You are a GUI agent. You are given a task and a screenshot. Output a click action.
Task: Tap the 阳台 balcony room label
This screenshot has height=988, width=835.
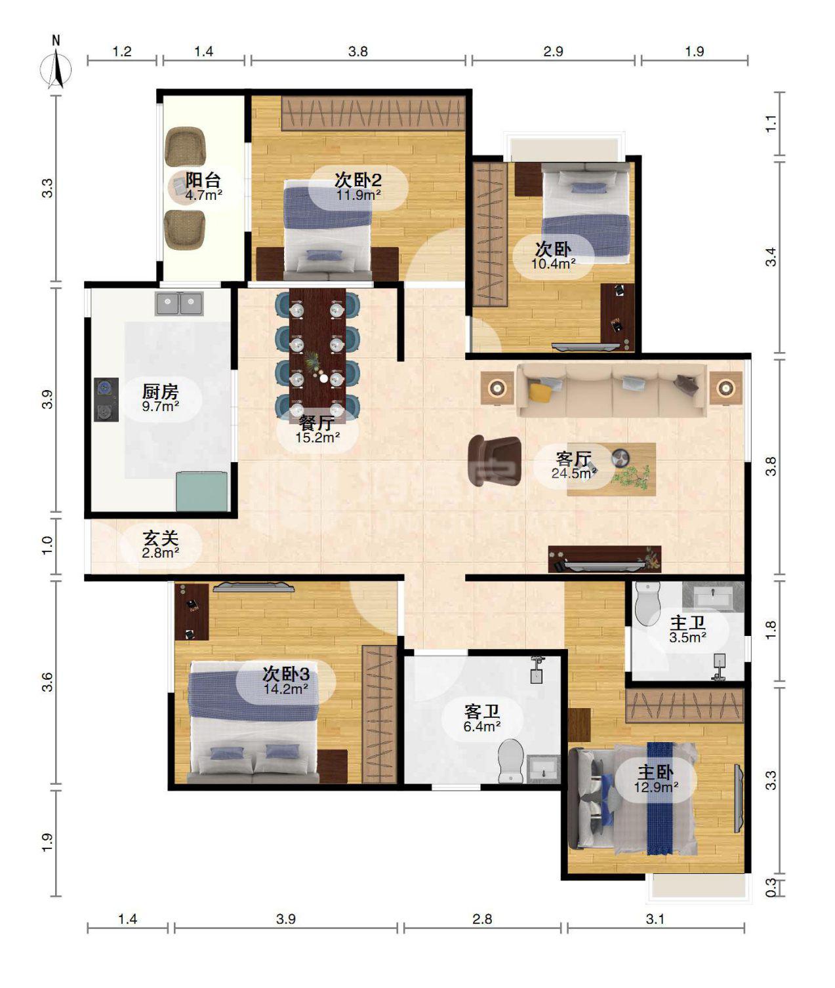click(203, 180)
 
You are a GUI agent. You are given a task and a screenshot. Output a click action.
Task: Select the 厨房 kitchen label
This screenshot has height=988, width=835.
click(161, 392)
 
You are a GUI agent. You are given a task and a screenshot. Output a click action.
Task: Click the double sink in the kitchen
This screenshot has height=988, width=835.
click(180, 304)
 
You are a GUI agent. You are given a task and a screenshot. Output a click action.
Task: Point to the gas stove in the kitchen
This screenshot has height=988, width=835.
click(106, 399)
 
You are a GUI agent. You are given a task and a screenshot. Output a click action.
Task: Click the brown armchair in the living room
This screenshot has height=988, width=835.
click(494, 460)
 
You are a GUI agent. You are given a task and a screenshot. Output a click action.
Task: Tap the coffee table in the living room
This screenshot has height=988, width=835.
click(611, 469)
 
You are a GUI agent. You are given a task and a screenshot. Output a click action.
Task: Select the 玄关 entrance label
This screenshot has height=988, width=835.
click(161, 538)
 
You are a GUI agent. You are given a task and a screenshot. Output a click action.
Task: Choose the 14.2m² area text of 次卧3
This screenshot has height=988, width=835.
click(286, 689)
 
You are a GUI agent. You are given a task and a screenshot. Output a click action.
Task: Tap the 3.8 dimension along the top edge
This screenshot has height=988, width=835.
click(358, 51)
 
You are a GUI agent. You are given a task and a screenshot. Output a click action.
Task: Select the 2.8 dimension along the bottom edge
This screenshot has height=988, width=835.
click(482, 919)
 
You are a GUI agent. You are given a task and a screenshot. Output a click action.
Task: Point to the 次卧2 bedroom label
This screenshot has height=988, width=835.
click(358, 180)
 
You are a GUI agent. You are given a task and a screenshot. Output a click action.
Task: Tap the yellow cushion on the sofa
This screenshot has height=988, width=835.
click(540, 392)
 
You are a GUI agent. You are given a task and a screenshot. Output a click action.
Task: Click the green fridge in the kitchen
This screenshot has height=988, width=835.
click(202, 491)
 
